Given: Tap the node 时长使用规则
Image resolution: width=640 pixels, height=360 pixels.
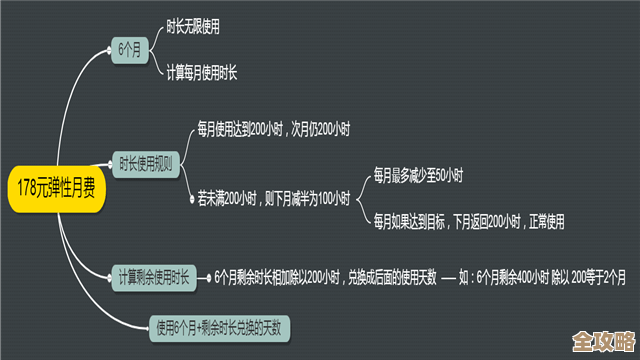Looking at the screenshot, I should pos(145,162).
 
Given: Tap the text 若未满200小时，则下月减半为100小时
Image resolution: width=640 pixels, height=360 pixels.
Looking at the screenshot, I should pos(274,199).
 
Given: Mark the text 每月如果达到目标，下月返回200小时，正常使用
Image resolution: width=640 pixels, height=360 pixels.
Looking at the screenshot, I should pos(469,219).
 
